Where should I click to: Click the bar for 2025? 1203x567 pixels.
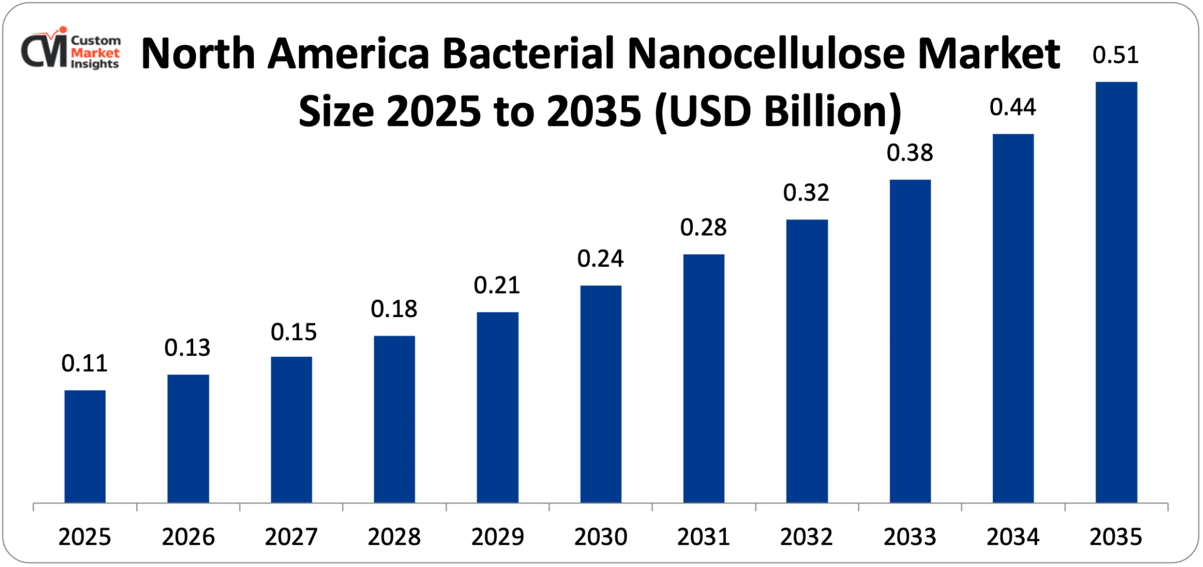tap(85, 446)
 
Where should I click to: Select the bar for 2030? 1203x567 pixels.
tap(600, 394)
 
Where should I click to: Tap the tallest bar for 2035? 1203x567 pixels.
tap(1116, 292)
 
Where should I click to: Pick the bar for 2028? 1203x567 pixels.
tap(394, 419)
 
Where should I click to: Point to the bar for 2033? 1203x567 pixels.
tap(909, 341)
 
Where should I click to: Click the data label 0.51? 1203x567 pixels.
tap(1115, 55)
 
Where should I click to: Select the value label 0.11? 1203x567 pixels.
tap(84, 364)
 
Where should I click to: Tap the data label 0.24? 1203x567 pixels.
tap(600, 259)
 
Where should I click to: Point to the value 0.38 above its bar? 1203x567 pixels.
tap(909, 153)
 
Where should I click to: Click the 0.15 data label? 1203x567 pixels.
tap(294, 332)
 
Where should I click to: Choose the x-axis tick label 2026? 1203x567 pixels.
tap(188, 537)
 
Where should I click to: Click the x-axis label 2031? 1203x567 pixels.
tap(703, 537)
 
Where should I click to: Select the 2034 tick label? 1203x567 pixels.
tap(1012, 537)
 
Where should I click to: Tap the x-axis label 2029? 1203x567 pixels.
tap(497, 537)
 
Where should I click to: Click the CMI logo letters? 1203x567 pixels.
tap(43, 51)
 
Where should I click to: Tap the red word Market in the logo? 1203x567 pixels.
tap(95, 52)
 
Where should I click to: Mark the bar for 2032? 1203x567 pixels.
tap(807, 361)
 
